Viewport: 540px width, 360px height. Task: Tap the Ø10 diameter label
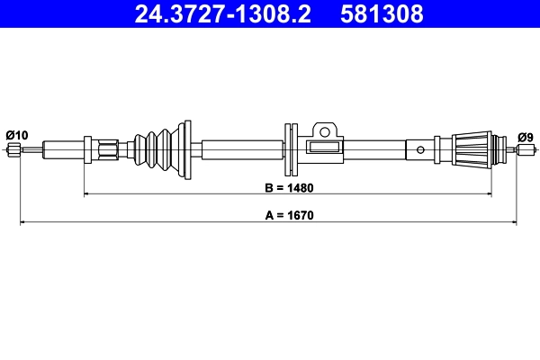pos(16,135)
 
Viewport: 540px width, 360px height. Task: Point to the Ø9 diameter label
pos(525,137)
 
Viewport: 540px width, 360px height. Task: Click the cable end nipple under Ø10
pos(13,149)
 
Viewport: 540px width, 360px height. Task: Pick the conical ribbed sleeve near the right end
pos(470,148)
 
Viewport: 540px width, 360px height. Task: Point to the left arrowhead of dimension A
pos(22,221)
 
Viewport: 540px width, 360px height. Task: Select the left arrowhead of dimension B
pos(87,193)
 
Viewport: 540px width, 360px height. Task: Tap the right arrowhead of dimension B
pos(491,193)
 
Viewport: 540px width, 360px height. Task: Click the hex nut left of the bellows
pos(110,149)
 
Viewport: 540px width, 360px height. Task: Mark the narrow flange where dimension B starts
pos(87,149)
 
